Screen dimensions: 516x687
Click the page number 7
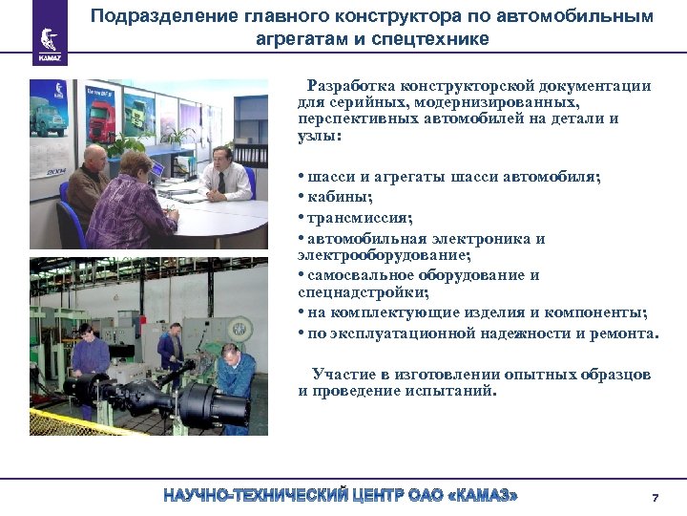point(655,498)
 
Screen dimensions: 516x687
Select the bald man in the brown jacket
point(90,182)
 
